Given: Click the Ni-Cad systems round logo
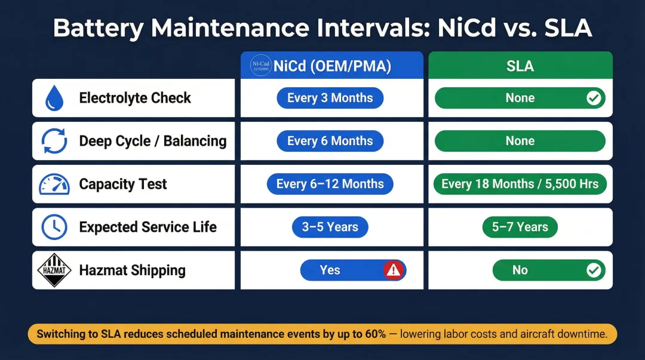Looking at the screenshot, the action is click(261, 66).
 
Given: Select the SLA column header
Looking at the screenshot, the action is click(520, 66).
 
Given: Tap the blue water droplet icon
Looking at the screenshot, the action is click(54, 98).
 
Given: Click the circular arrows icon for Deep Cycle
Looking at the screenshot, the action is click(54, 141).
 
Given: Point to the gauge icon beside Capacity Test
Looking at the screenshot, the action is click(54, 184).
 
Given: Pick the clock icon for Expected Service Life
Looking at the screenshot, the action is click(54, 227).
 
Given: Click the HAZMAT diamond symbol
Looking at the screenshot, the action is click(54, 270).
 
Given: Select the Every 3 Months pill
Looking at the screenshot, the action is click(330, 98).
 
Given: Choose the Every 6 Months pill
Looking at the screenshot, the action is click(330, 141).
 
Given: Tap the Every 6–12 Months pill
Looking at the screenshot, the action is click(330, 184).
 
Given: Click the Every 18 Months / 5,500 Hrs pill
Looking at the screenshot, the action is click(520, 184).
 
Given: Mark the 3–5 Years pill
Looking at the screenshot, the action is click(330, 227).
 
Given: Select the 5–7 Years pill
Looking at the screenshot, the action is click(520, 227).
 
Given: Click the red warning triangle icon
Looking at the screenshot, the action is click(393, 270).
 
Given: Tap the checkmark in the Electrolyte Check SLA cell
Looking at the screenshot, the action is click(594, 98).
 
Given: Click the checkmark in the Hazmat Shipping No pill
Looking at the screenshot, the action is click(594, 270).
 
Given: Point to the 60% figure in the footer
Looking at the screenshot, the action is click(376, 334).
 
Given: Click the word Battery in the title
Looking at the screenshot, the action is click(99, 29).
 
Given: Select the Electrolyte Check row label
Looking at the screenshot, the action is click(135, 98).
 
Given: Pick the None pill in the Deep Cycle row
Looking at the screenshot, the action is click(520, 141).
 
